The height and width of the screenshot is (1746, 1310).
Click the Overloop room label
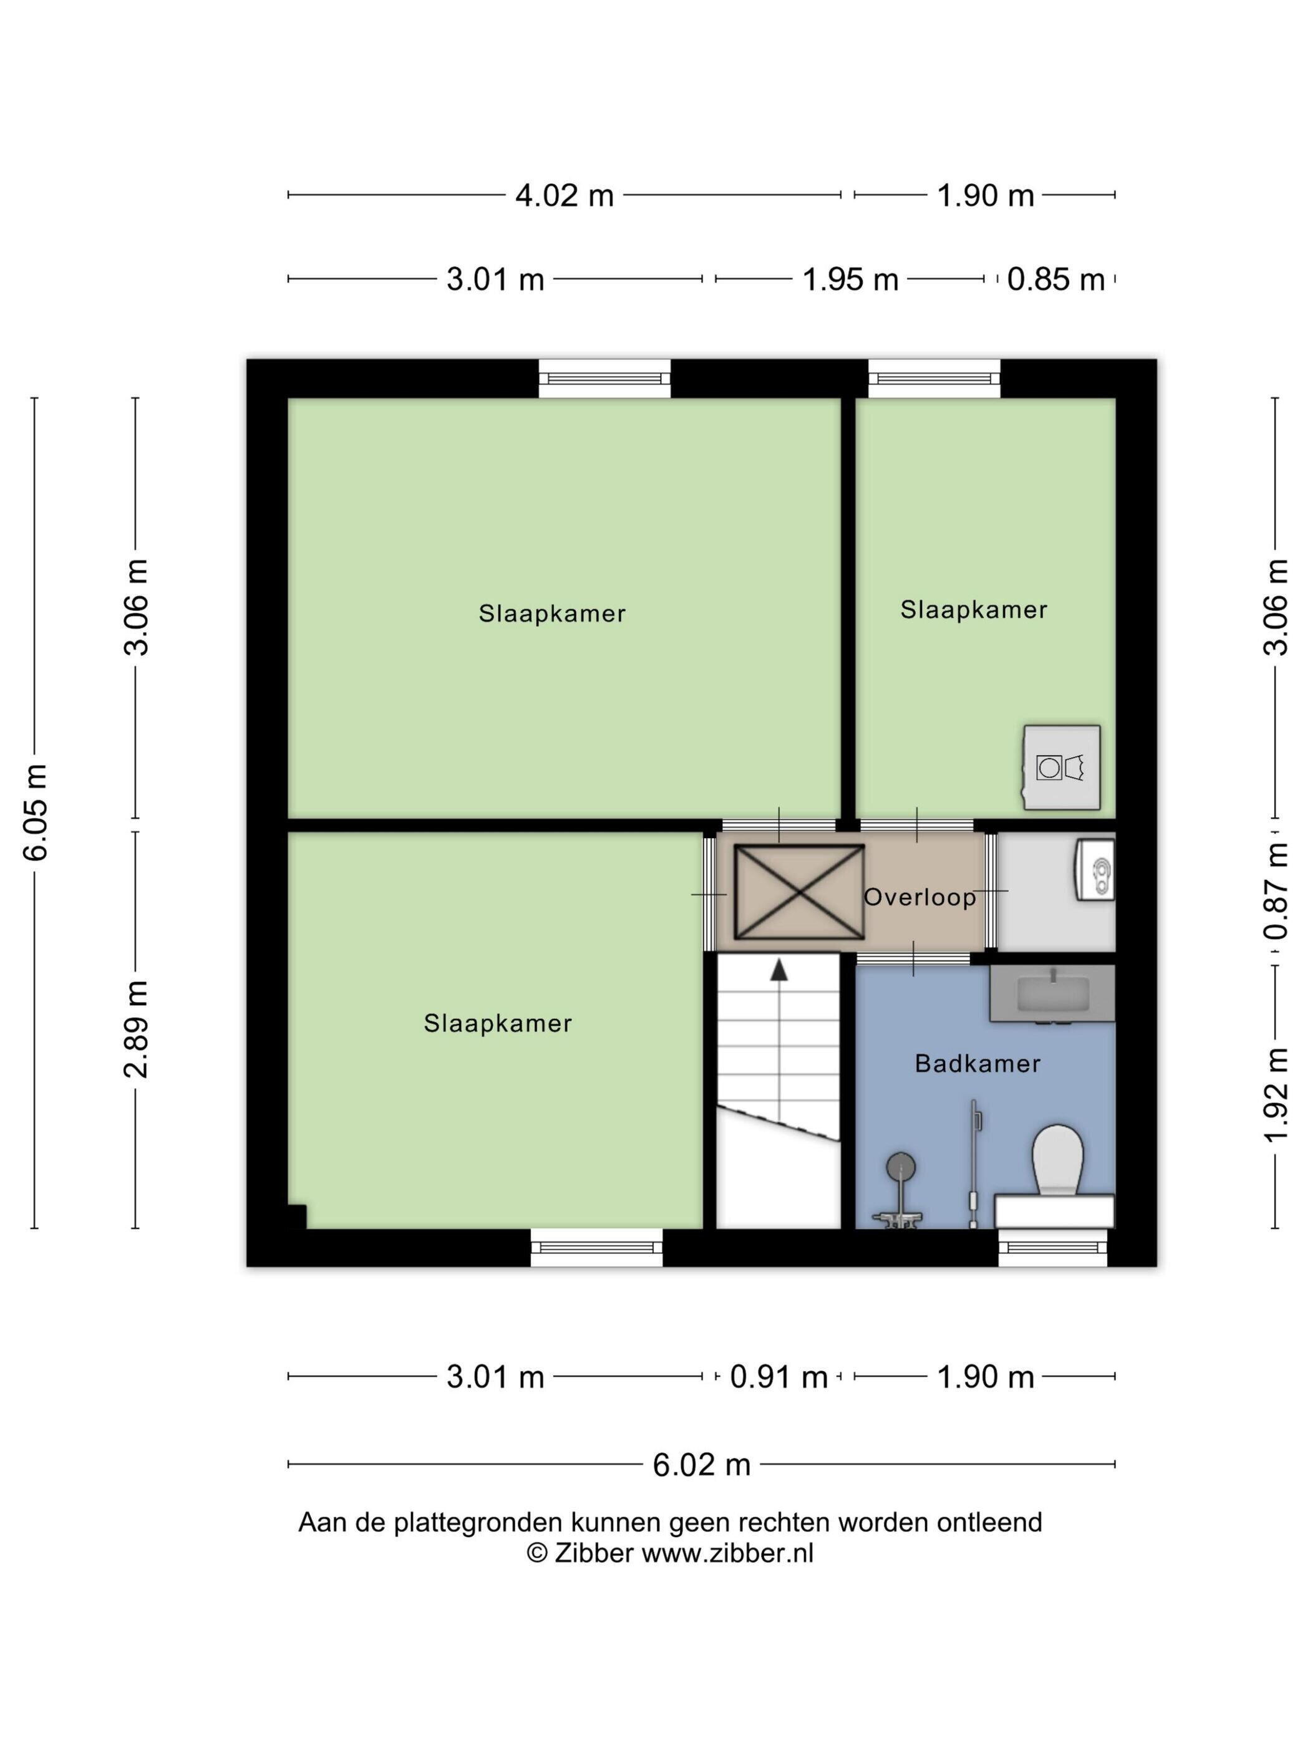(919, 897)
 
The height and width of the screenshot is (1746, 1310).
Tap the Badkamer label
(977, 1063)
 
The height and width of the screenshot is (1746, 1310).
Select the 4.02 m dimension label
(564, 195)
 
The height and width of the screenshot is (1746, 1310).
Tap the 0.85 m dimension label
(1055, 279)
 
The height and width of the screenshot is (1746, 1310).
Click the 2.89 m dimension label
(137, 1030)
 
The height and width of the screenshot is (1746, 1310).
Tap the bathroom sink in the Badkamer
(1052, 995)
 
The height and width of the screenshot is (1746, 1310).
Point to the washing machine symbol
(1060, 767)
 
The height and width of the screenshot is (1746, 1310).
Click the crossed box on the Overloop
(799, 892)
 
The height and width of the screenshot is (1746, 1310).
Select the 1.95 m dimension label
(850, 279)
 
